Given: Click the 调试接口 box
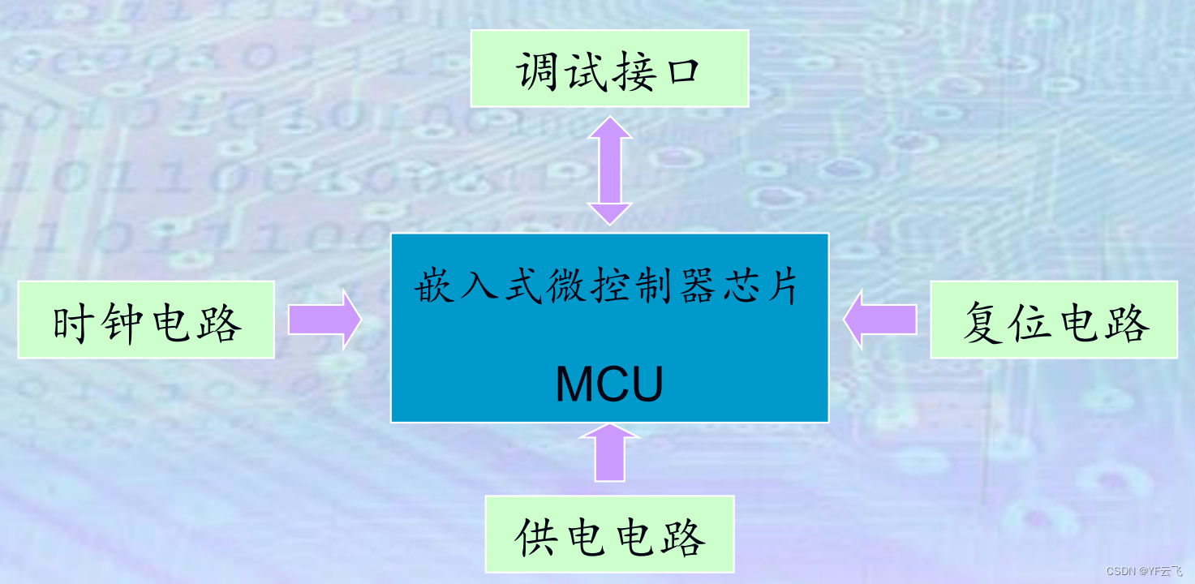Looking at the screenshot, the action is click(609, 69).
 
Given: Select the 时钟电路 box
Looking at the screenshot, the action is click(146, 320).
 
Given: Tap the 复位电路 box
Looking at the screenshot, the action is click(1054, 320).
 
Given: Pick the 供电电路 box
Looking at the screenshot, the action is click(609, 534).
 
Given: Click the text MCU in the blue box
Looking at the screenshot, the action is click(609, 384).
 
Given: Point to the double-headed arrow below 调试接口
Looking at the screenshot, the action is click(609, 170).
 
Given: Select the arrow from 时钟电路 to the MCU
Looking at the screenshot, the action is click(325, 320).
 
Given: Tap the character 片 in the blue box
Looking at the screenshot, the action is click(784, 287).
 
